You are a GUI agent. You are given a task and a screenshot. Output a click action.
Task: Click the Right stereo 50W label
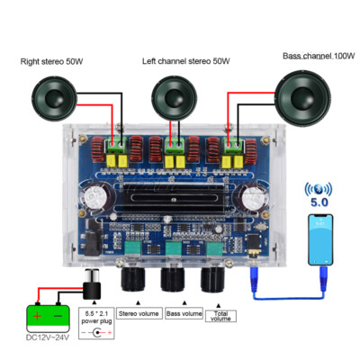51,61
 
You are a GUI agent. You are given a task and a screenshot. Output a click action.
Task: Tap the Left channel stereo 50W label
185,61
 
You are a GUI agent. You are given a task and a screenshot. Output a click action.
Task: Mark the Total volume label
222,315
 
